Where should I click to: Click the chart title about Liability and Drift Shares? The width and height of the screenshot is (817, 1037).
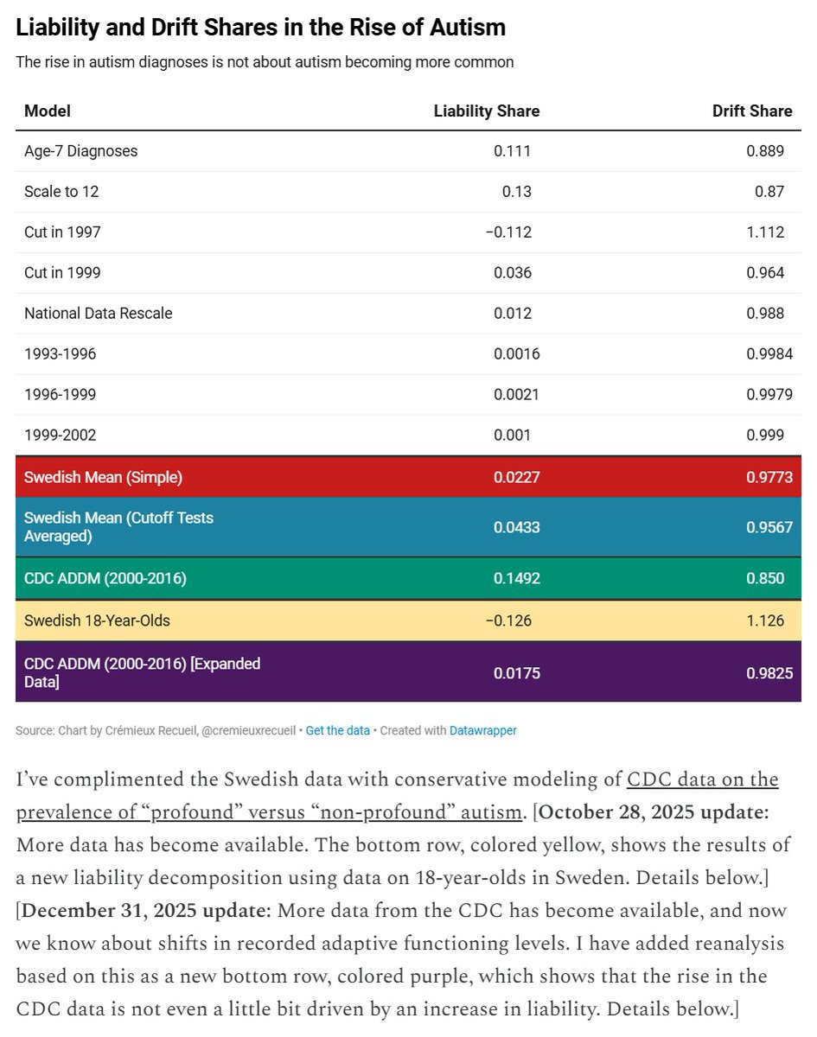coord(261,28)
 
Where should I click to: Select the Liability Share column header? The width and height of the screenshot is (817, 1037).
coord(486,111)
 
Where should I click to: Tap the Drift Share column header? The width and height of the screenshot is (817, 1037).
coord(751,111)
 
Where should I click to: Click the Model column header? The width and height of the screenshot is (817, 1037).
coord(48,111)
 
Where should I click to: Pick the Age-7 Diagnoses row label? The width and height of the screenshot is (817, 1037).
coord(80,151)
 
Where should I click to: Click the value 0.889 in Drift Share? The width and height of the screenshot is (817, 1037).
coord(765,151)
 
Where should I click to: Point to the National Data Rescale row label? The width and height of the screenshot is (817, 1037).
coord(98,314)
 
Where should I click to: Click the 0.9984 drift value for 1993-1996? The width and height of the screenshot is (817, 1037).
coord(769,354)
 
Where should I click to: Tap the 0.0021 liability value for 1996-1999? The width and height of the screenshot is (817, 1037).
coord(517,395)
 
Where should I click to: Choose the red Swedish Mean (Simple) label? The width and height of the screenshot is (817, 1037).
coord(103,477)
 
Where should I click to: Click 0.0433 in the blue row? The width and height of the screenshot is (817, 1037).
coord(517,526)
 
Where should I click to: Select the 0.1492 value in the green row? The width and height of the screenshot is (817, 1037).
coord(517,578)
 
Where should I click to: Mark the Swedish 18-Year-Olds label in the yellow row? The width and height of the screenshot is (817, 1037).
coord(97,620)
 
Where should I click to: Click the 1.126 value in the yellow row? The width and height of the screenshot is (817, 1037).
coord(765,620)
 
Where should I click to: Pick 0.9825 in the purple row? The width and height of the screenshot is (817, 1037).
coord(769,672)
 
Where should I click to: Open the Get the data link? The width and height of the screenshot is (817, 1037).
coord(337,731)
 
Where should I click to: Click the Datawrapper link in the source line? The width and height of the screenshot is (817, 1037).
coord(482,731)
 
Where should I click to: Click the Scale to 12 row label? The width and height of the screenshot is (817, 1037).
coord(61,192)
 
